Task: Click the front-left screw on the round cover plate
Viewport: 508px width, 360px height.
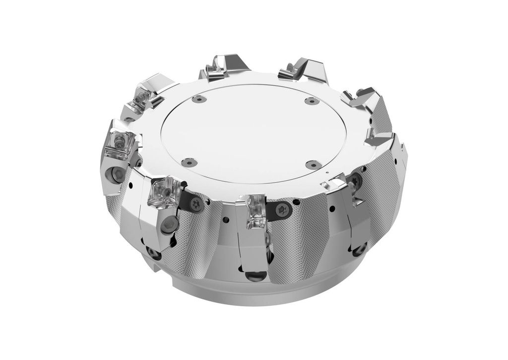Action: pos(189,162)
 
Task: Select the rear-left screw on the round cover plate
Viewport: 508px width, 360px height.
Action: pos(198,99)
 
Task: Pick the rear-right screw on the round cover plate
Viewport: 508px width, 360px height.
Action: pos(312,101)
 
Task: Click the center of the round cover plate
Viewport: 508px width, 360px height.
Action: pos(253,133)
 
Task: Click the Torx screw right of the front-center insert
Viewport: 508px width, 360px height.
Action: pos(283,209)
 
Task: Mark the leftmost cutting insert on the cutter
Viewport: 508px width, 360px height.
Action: pos(119,144)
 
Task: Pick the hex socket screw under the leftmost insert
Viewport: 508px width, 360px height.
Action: pos(118,174)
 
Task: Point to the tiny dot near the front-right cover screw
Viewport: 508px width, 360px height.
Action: pos(328,173)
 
